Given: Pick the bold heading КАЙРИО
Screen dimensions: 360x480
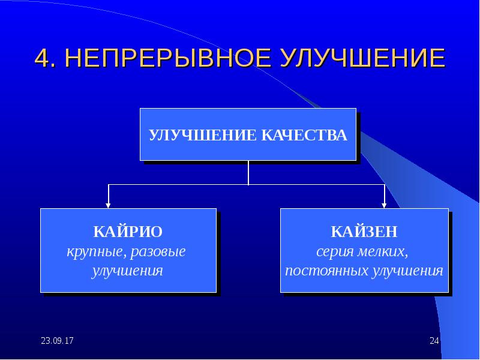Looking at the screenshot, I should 127,231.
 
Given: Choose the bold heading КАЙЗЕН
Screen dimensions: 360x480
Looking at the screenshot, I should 364,231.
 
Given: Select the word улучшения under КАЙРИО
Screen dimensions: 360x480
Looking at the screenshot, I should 127,271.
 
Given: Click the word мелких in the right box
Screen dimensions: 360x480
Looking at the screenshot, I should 386,251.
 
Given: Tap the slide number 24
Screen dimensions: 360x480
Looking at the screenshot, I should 434,341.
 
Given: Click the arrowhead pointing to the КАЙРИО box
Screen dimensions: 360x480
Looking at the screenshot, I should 108,205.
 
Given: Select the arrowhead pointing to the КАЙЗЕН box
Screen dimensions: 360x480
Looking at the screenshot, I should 385,205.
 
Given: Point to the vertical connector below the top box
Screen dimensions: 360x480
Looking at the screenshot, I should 248,173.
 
